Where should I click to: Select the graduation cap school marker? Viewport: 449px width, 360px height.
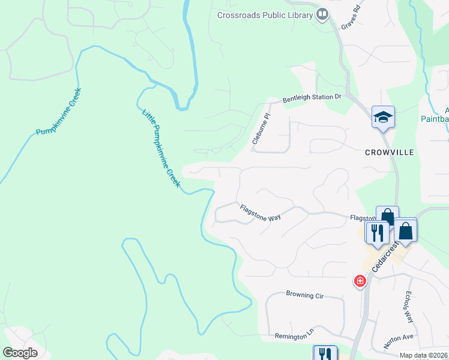click(382, 118)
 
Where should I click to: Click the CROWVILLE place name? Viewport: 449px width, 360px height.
click(390, 152)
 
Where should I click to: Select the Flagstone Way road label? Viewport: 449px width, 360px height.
click(261, 213)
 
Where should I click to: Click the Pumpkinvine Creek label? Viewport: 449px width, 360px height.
click(58, 112)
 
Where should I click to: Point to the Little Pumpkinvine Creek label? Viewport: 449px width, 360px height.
click(160, 148)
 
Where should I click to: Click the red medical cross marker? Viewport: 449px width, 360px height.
click(360, 281)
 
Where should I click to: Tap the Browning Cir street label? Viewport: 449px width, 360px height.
click(309, 295)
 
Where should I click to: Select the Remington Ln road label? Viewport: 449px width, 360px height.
click(294, 337)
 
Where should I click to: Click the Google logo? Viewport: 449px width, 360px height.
click(20, 352)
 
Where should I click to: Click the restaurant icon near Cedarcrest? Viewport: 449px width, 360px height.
click(376, 232)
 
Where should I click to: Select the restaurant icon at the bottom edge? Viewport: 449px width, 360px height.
click(325, 353)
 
